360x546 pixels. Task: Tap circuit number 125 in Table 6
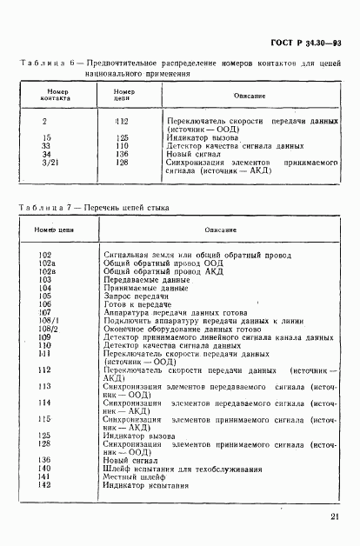tap(121, 136)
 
